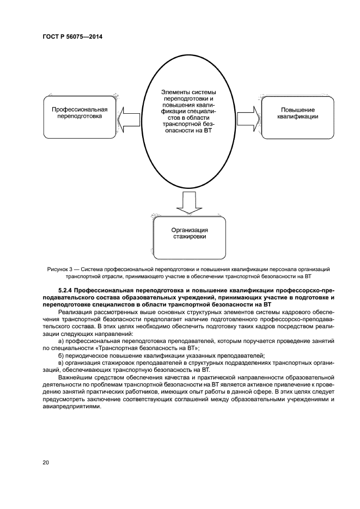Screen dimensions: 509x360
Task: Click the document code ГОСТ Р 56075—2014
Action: pyautogui.click(x=72, y=37)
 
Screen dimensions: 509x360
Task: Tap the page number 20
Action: pyautogui.click(x=46, y=462)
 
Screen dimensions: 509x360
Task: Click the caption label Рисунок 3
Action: pyautogui.click(x=62, y=269)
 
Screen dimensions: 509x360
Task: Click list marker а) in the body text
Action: pyautogui.click(x=60, y=340)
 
